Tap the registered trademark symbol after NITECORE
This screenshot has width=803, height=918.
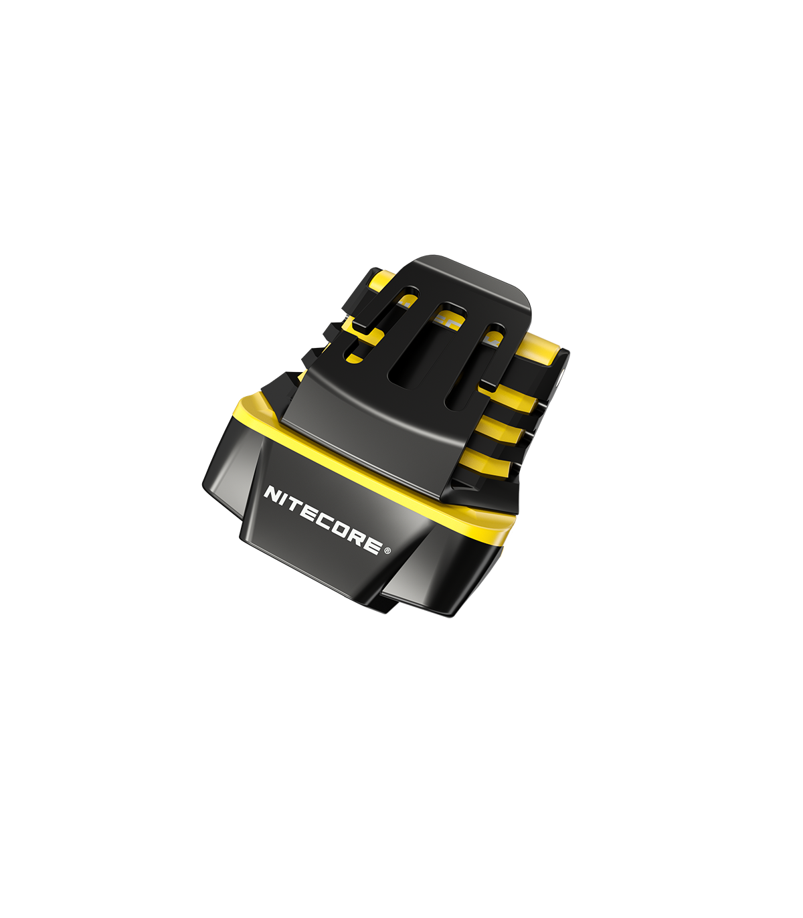387,549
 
